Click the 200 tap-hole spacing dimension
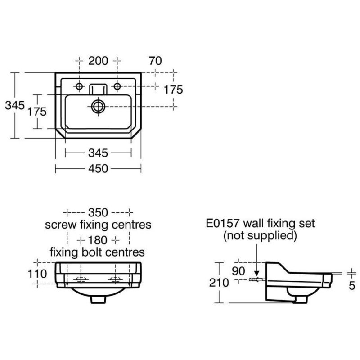[x=98, y=61]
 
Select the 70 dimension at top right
[x=155, y=61]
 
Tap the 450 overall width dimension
[x=98, y=169]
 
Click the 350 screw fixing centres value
[x=98, y=212]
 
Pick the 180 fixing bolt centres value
[x=98, y=240]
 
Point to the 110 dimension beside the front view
[x=37, y=274]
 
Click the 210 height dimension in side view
[x=219, y=283]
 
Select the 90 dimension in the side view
[x=238, y=271]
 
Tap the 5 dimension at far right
[x=352, y=286]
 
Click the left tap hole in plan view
[x=79, y=86]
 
